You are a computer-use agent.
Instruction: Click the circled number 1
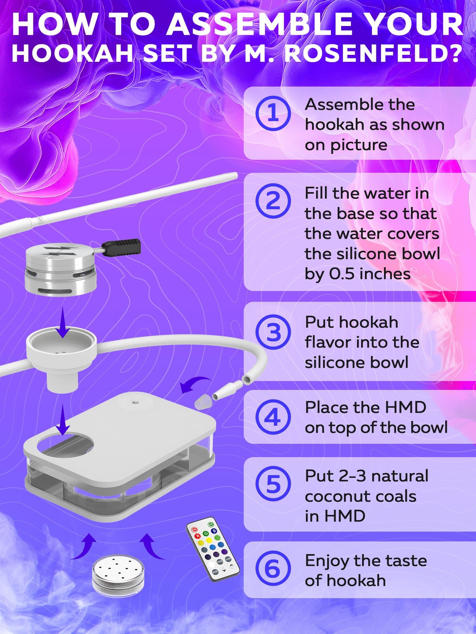(273, 113)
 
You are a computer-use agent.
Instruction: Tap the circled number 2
(273, 201)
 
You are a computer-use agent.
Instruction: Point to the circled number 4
(273, 417)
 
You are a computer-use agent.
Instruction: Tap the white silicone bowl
(62, 355)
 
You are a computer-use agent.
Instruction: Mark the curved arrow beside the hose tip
(194, 383)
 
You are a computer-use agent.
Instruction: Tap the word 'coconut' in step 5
(360, 496)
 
